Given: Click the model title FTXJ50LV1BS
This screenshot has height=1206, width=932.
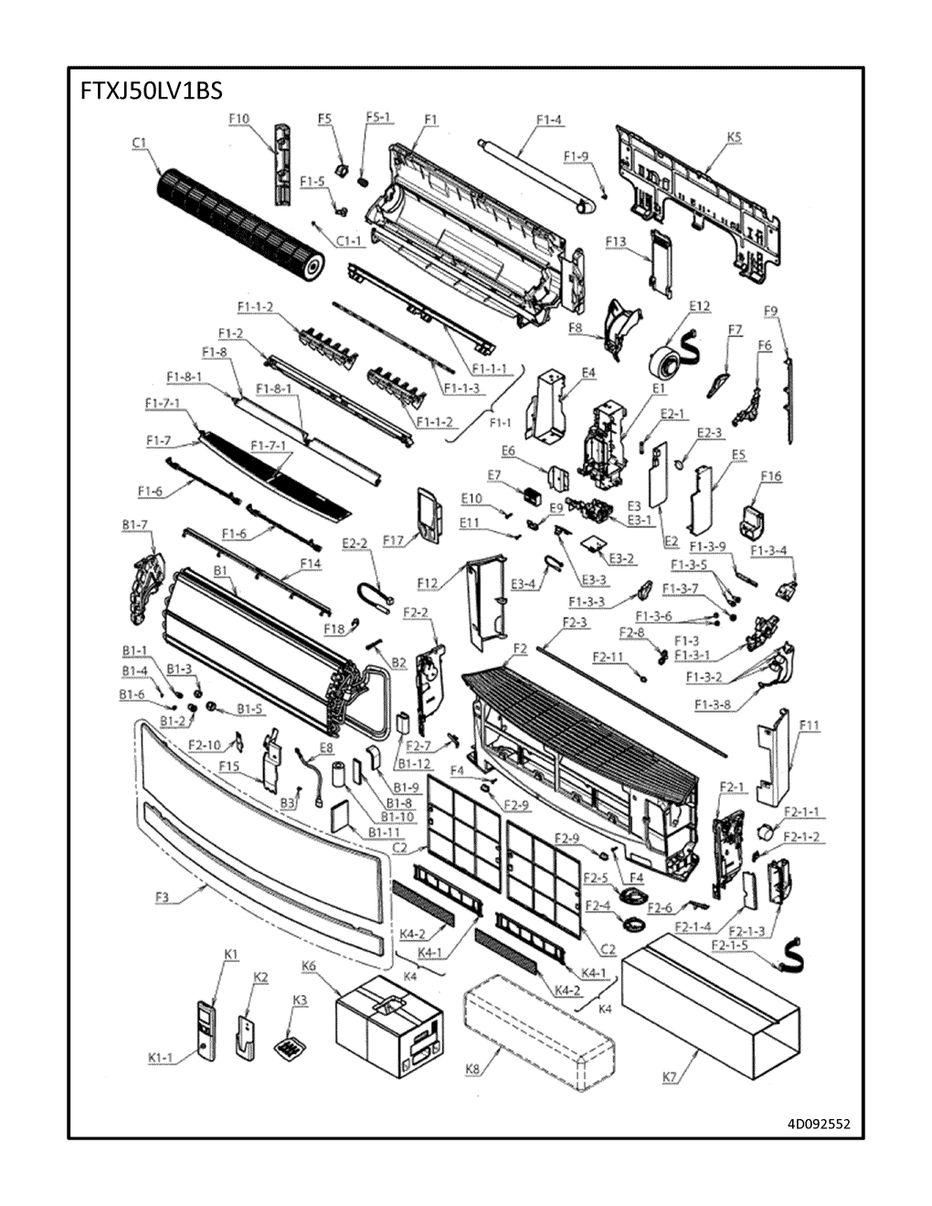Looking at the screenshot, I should point(147,93).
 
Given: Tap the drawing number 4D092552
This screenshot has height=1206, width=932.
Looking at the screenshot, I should point(818,1123).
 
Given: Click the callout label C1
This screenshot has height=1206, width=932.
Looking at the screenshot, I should point(139,143).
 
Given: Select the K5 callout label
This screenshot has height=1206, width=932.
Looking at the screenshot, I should point(734,137).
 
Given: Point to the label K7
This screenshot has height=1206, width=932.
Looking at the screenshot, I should point(670,1078).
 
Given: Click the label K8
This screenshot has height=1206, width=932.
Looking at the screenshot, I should point(472,1070).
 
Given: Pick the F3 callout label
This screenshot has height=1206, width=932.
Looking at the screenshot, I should point(162,897).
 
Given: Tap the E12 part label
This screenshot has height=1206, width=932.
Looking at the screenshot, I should point(700,306).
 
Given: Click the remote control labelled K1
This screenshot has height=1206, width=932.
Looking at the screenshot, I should point(207,1031).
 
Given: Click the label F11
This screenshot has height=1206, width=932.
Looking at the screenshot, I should point(809,726).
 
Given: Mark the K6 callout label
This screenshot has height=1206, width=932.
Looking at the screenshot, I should point(309,966).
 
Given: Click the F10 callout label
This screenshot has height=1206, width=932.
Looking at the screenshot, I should point(238,119).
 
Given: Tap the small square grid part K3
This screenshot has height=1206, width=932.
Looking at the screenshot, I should point(291,1045).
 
